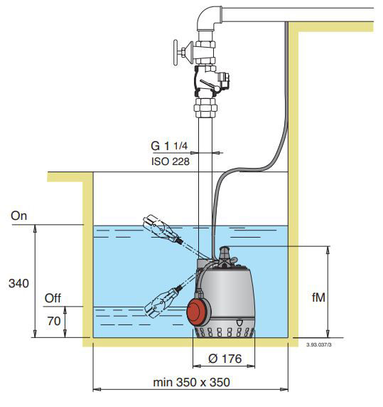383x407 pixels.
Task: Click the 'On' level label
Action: [19, 216]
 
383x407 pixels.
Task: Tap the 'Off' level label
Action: [53, 299]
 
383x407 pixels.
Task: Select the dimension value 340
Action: [18, 283]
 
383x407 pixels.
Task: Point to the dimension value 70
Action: [53, 322]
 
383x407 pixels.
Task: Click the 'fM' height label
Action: [318, 297]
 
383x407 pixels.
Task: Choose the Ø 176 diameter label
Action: [225, 359]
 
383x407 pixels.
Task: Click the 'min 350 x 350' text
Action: [192, 382]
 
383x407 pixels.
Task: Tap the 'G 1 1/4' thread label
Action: [169, 146]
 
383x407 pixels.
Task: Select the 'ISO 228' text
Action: [171, 162]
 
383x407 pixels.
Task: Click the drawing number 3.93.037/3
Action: [319, 344]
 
